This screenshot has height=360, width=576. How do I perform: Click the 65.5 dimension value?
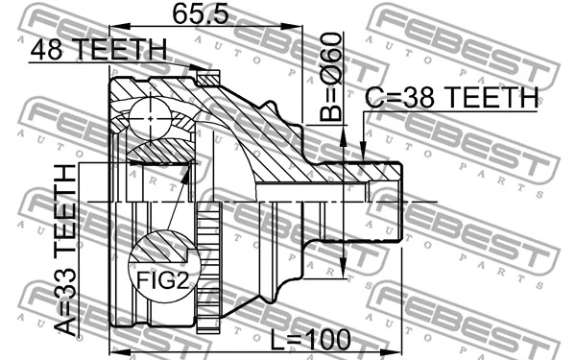(x=201, y=14)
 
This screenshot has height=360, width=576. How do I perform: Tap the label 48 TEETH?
(x=99, y=50)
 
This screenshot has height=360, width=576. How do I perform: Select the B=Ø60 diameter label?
(x=331, y=77)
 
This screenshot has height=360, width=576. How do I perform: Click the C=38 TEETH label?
(x=451, y=97)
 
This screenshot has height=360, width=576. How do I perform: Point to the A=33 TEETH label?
(x=65, y=251)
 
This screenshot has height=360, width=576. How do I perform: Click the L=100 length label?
(x=310, y=340)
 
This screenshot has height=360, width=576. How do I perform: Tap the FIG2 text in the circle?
(x=163, y=281)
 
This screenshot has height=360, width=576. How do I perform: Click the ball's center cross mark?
(x=151, y=118)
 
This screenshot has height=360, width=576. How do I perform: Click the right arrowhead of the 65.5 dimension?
(x=292, y=26)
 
